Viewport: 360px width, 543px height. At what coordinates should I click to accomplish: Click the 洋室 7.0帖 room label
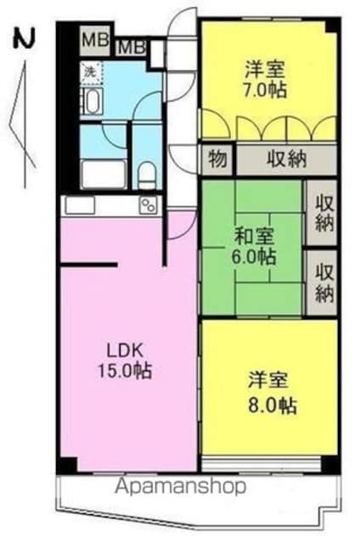(266, 79)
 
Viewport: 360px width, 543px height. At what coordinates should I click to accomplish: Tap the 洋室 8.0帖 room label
(272, 393)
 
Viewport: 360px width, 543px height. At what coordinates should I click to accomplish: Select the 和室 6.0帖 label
(256, 246)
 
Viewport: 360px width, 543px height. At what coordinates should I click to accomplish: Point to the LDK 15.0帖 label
(125, 361)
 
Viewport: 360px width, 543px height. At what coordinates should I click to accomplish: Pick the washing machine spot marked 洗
(92, 73)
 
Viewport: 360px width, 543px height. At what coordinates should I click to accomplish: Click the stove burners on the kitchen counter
(149, 204)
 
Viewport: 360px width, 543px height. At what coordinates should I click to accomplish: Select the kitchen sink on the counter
(81, 204)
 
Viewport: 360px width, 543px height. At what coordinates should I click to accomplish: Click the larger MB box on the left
(95, 40)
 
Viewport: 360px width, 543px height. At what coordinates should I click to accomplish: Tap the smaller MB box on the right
(131, 48)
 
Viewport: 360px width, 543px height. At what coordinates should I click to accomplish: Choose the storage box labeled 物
(217, 160)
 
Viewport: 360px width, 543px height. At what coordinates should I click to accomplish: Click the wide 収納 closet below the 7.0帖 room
(287, 160)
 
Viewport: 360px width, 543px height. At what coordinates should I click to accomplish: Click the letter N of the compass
(25, 39)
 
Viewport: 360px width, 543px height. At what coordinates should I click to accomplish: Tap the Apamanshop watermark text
(181, 486)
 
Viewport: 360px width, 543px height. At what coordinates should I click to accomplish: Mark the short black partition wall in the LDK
(88, 266)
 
